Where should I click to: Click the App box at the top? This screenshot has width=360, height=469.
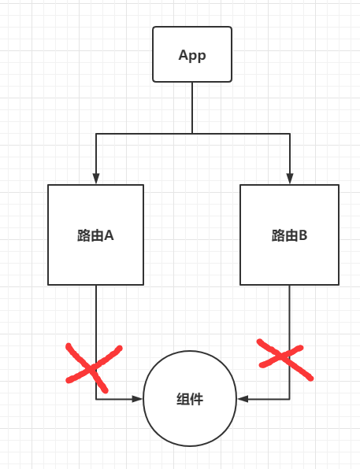click(x=192, y=54)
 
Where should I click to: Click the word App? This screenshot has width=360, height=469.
click(x=192, y=55)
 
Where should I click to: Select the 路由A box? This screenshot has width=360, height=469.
click(x=96, y=234)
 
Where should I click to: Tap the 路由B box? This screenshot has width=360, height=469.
click(x=289, y=234)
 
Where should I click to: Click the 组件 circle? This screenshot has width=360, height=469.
click(x=190, y=398)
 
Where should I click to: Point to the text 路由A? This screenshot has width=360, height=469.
click(x=95, y=235)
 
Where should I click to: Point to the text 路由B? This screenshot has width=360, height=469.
click(x=289, y=235)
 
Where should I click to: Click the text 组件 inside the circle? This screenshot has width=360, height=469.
click(x=190, y=399)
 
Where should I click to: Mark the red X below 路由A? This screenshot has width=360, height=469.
click(x=94, y=367)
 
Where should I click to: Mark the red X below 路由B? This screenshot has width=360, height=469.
click(x=285, y=360)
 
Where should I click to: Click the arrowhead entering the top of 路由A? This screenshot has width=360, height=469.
click(x=96, y=179)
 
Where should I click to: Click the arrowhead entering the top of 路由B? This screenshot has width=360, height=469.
click(x=290, y=179)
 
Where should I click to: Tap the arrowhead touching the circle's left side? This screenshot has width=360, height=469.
click(x=138, y=399)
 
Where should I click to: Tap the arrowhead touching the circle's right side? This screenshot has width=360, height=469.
click(x=243, y=399)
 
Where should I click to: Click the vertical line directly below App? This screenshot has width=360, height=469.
click(x=192, y=108)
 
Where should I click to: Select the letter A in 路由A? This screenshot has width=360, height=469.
click(x=109, y=235)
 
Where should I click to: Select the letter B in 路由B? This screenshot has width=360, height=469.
click(x=302, y=235)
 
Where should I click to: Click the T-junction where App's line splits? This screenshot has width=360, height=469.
click(x=192, y=134)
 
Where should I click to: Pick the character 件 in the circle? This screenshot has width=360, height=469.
click(x=197, y=399)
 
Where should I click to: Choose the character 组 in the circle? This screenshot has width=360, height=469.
click(x=183, y=399)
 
